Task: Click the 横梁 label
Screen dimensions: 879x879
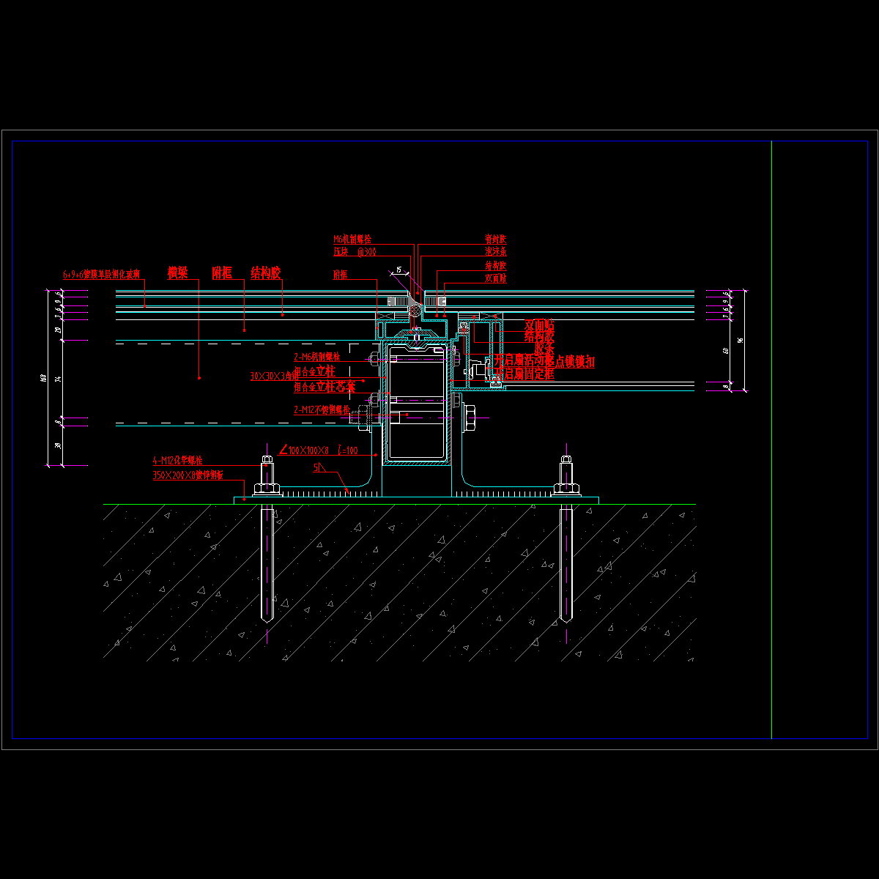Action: (x=177, y=273)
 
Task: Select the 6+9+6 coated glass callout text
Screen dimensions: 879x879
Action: (x=101, y=275)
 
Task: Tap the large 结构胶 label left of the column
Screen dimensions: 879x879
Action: (x=265, y=273)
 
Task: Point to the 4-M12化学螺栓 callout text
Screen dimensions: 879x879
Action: (x=177, y=461)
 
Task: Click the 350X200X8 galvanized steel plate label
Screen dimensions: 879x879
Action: (x=188, y=475)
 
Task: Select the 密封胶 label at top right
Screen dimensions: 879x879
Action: (x=495, y=239)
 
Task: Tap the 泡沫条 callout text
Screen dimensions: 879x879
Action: (x=495, y=252)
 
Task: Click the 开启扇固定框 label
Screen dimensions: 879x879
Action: (x=524, y=374)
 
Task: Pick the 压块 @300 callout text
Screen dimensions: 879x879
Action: (x=355, y=252)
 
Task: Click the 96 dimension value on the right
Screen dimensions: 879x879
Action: (x=741, y=340)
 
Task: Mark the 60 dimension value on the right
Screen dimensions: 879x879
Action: (x=726, y=350)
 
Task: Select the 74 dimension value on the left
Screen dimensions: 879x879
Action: (x=58, y=379)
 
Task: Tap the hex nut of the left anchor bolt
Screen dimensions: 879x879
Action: (x=267, y=489)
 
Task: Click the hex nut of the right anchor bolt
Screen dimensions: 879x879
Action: (x=565, y=489)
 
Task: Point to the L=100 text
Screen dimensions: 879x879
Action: (x=347, y=450)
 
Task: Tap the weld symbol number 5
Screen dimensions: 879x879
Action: (x=316, y=467)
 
